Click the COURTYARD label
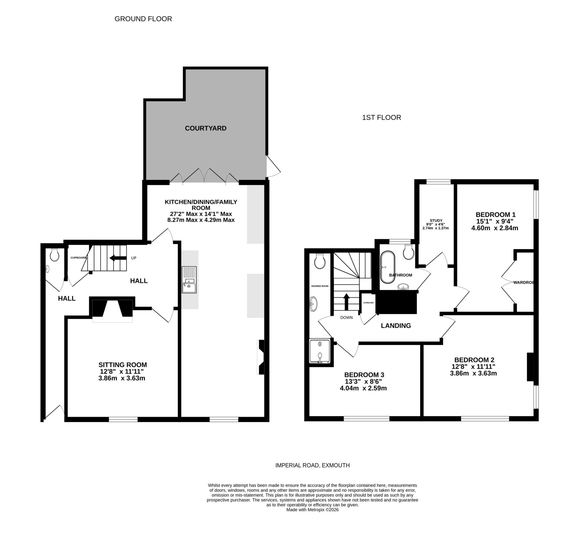point(206,128)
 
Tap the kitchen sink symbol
point(189,280)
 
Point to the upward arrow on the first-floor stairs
point(346,301)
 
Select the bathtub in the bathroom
point(388,267)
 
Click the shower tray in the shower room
point(320,351)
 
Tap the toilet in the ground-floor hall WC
point(55,255)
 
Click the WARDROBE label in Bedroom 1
point(523,282)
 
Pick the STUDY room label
point(436,221)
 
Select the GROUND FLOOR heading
point(143,19)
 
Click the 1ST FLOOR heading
point(381,118)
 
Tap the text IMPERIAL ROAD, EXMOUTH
point(312,466)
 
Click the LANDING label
point(396,326)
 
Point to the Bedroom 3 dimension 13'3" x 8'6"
point(363,382)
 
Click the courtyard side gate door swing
point(273,167)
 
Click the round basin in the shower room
point(314,304)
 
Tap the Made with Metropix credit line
point(312,510)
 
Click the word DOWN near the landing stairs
point(346,317)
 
